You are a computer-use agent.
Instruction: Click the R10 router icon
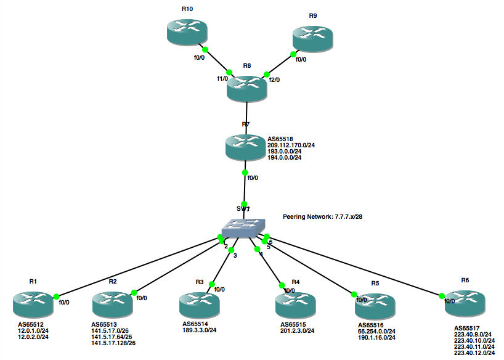tap(186, 31)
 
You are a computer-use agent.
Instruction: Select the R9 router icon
tap(313, 38)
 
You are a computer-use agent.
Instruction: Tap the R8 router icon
tap(246, 88)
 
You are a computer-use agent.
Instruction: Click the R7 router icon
tap(245, 146)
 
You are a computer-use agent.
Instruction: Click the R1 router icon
tap(33, 303)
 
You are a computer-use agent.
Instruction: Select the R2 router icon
tap(112, 303)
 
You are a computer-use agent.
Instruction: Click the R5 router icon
tap(375, 305)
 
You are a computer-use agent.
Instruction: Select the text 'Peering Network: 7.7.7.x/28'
tap(322, 217)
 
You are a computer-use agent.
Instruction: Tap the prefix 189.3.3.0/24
tap(199, 330)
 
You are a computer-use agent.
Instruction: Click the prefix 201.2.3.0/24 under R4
tap(298, 331)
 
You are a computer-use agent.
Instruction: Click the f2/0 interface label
tap(274, 80)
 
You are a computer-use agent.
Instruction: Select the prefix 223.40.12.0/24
tap(474, 353)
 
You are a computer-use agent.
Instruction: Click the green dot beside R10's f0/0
tap(205, 49)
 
